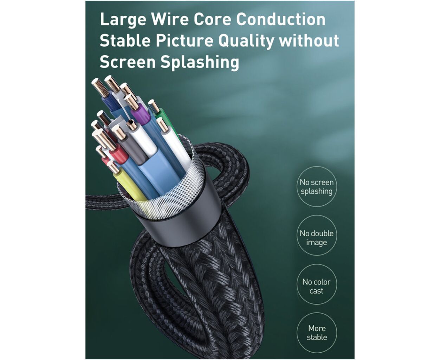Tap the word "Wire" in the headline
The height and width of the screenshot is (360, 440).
[170, 19]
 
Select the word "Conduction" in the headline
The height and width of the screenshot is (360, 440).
[280, 19]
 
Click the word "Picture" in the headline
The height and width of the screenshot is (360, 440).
[185, 40]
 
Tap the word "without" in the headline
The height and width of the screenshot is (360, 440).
[309, 40]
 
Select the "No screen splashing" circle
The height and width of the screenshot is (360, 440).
[317, 187]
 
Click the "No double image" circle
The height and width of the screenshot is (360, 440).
[317, 236]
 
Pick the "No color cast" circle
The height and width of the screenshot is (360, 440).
[317, 284]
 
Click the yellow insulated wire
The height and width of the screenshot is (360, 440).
[129, 185]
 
